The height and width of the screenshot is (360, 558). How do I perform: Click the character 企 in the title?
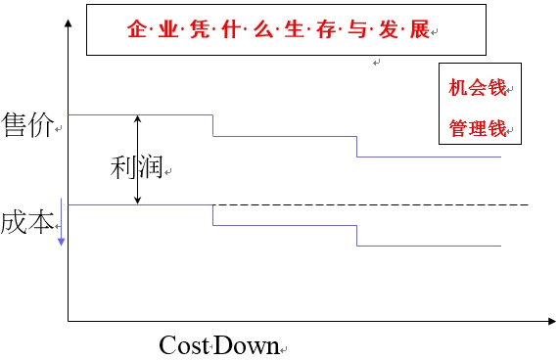tap(135, 28)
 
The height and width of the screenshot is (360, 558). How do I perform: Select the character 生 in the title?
tap(297, 28)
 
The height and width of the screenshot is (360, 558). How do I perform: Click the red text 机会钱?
tap(477, 88)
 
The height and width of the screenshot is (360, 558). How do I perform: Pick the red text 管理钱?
tap(477, 128)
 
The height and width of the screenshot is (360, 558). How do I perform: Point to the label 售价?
tap(28, 125)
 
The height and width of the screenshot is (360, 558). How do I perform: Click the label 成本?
tap(27, 221)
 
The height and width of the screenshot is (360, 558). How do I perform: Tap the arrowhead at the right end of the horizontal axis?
tap(550, 321)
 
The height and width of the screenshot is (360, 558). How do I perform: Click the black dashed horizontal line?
tap(392, 204)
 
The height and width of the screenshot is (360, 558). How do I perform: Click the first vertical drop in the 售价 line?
tap(212, 125)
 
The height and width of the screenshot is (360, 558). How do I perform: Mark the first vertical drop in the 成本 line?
tap(212, 215)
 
